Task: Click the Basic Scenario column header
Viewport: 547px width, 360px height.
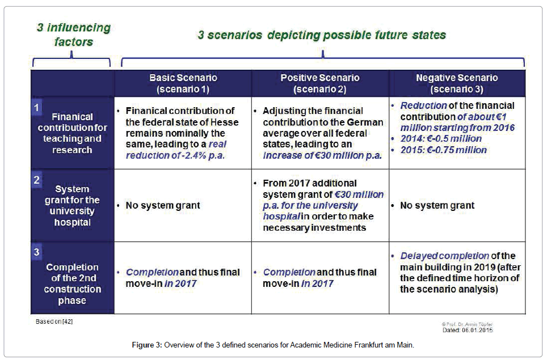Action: click(183, 83)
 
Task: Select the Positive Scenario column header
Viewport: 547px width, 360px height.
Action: click(320, 83)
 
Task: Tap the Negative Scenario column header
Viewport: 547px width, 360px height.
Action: click(457, 83)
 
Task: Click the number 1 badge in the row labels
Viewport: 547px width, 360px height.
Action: click(37, 108)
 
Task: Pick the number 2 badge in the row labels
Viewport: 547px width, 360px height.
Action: click(37, 180)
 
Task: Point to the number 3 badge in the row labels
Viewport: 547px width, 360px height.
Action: click(37, 252)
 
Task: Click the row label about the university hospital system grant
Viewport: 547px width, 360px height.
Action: click(72, 206)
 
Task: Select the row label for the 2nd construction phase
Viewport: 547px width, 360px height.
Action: click(73, 283)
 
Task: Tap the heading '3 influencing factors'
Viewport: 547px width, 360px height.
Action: click(74, 35)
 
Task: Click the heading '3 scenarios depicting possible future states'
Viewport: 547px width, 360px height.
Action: click(322, 35)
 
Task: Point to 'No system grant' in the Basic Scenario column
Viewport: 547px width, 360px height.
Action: click(163, 206)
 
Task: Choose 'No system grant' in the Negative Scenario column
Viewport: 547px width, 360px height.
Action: click(437, 206)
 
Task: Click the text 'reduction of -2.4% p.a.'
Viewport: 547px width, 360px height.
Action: click(175, 155)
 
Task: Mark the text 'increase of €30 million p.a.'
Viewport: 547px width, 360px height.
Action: click(322, 155)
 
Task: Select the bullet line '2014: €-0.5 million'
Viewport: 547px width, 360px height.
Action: click(441, 139)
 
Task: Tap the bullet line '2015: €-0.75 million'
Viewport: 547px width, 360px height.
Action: click(443, 150)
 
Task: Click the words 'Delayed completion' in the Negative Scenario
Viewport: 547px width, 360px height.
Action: click(444, 256)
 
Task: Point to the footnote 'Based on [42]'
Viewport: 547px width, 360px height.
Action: click(54, 321)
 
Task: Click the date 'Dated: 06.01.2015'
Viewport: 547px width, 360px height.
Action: click(468, 330)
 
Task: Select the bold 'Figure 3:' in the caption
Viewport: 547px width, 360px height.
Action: click(147, 345)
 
